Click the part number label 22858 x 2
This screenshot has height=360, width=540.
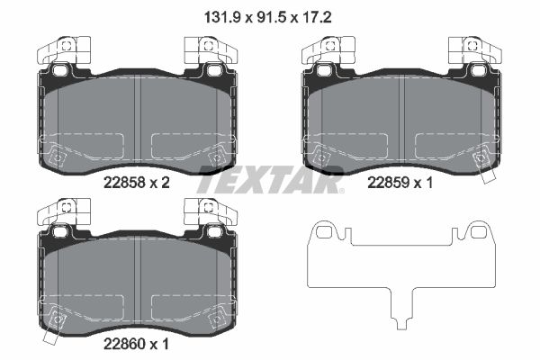(x=136, y=183)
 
